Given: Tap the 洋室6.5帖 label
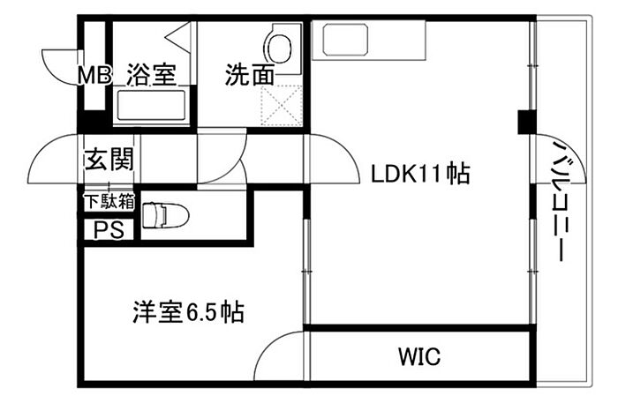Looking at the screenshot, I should pyautogui.click(x=188, y=311).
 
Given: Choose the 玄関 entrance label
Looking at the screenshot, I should pyautogui.click(x=109, y=160).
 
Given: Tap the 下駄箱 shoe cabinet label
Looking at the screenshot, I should pyautogui.click(x=109, y=201).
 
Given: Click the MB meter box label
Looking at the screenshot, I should pyautogui.click(x=95, y=76).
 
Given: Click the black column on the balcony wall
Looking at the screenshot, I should pyautogui.click(x=524, y=120).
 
